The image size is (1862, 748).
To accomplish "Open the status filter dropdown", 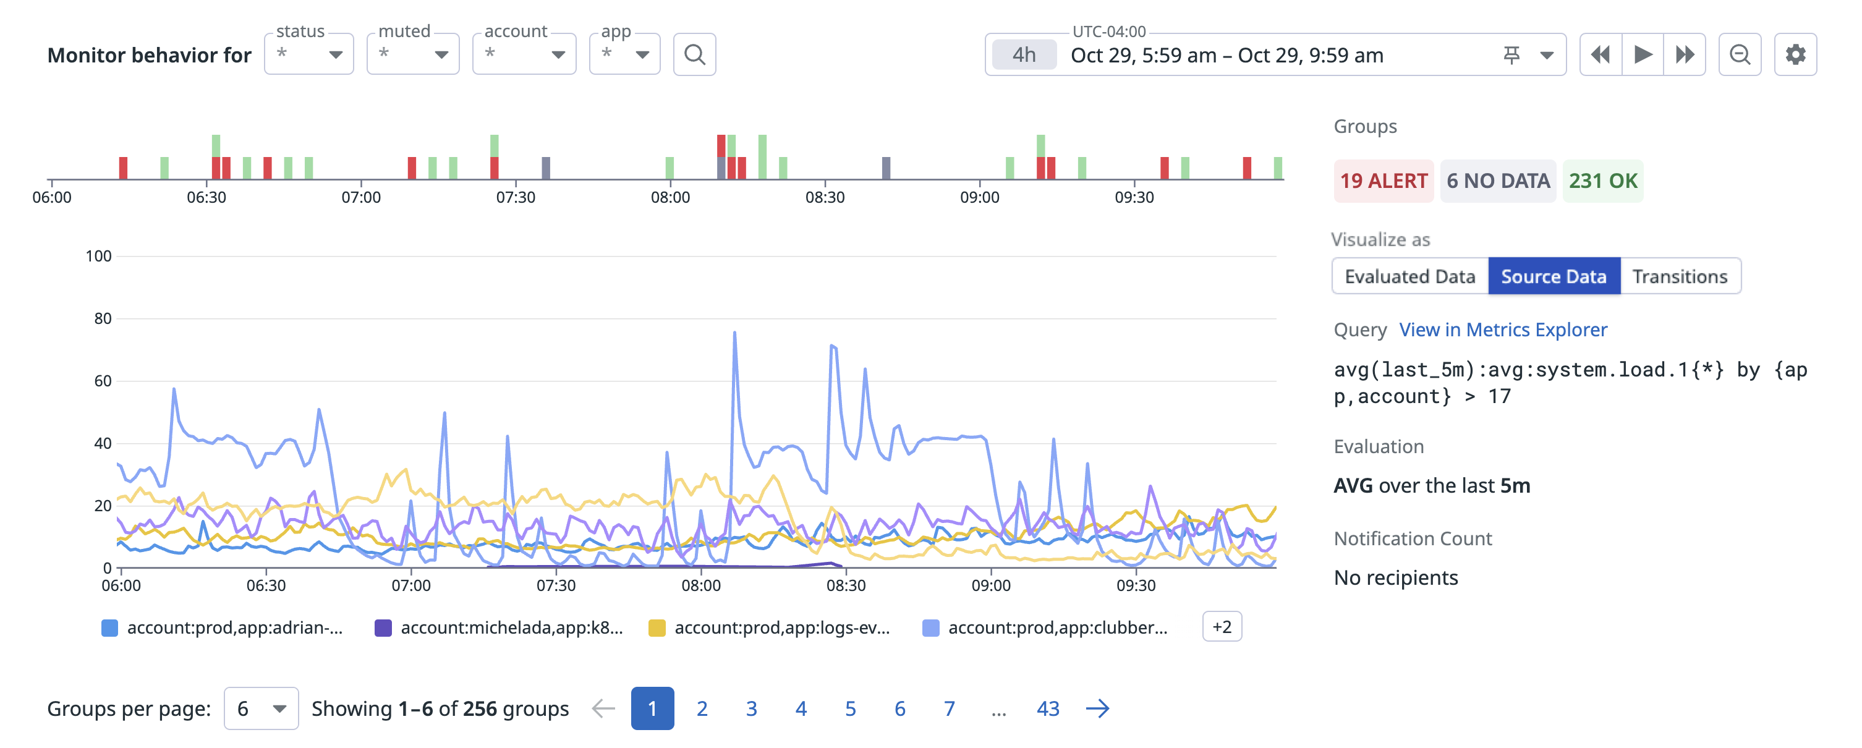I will (308, 54).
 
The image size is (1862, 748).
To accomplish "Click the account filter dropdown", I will (524, 54).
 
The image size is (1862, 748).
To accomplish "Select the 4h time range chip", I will (1024, 55).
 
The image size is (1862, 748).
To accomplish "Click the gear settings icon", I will (1795, 54).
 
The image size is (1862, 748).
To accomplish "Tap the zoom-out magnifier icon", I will (1739, 54).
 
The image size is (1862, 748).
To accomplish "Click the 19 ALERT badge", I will (1383, 181).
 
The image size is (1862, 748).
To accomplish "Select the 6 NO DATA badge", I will (1498, 181).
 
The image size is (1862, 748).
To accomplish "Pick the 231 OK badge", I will (1602, 181).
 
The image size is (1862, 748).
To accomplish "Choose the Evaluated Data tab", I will (1409, 276).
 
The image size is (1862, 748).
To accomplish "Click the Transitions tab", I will (1679, 276).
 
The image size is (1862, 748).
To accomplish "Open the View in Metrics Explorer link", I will (1503, 329).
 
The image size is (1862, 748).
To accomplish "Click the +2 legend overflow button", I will (1222, 627).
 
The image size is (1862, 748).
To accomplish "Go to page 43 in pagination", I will (1047, 708).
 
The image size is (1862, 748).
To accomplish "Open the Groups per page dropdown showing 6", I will (261, 708).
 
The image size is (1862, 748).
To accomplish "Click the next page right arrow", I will (1097, 708).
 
